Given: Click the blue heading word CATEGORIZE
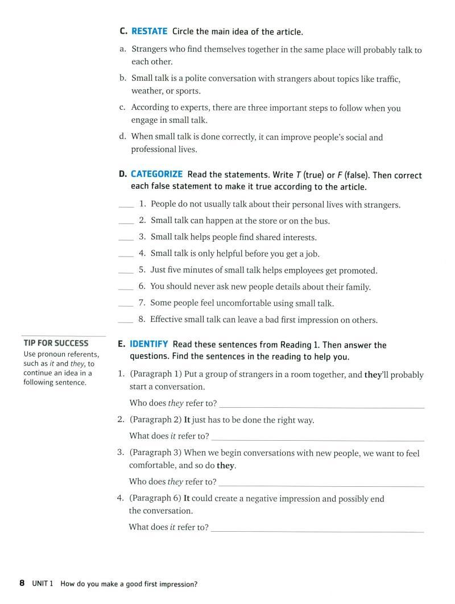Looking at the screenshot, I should pyautogui.click(x=156, y=175).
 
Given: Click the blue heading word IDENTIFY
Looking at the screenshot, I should pyautogui.click(x=148, y=344).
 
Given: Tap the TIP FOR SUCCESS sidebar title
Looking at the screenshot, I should pyautogui.click(x=56, y=343).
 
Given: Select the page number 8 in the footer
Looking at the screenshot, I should pyautogui.click(x=22, y=583).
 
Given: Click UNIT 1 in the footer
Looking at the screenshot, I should pyautogui.click(x=43, y=584).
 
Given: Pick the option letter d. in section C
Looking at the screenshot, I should pyautogui.click(x=123, y=136).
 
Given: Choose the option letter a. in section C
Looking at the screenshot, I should pyautogui.click(x=123, y=49).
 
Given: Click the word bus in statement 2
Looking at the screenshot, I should pyautogui.click(x=321, y=221).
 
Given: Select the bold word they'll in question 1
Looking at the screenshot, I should pyautogui.click(x=377, y=375).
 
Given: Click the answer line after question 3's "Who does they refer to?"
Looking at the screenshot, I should pyautogui.click(x=321, y=486).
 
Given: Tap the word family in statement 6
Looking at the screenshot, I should pyautogui.click(x=357, y=287).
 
